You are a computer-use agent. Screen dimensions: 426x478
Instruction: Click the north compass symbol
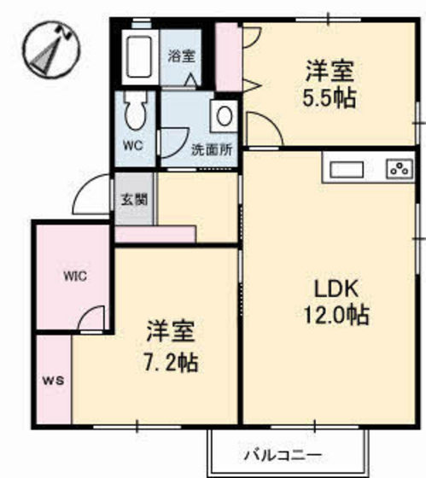click(51, 49)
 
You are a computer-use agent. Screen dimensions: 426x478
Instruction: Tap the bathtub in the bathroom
click(139, 56)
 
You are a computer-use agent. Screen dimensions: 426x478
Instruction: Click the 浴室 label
click(182, 55)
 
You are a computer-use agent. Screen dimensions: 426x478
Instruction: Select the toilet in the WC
click(135, 111)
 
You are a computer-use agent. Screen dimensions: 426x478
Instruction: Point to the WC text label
click(133, 145)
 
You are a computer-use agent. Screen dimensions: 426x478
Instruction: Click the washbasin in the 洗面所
click(225, 116)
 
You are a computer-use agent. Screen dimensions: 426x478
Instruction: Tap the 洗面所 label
click(212, 149)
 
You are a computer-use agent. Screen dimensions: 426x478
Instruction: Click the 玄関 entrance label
click(135, 200)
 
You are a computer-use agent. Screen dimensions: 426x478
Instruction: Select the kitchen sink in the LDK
click(347, 170)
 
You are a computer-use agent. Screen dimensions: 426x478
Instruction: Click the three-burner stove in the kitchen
click(400, 169)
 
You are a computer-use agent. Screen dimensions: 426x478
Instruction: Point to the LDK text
click(336, 289)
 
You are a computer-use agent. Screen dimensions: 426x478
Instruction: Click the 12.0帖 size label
click(336, 315)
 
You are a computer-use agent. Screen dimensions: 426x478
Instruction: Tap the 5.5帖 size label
click(330, 98)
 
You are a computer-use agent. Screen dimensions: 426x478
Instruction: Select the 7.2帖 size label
click(171, 362)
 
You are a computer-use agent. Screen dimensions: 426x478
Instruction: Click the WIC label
click(75, 277)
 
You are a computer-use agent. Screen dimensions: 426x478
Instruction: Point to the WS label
click(54, 380)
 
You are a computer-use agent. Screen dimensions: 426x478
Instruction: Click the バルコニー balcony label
click(283, 455)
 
